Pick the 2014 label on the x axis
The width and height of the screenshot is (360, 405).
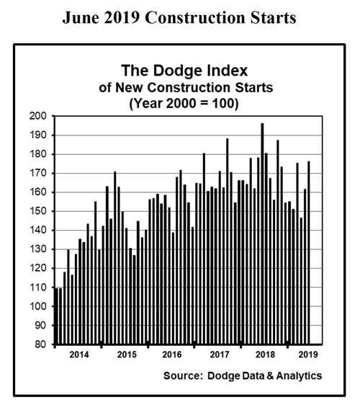coord(81,355)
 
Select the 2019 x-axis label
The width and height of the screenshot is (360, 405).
coord(305,355)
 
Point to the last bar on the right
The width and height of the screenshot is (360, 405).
coord(309,252)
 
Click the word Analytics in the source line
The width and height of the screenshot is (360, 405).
coord(298,376)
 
